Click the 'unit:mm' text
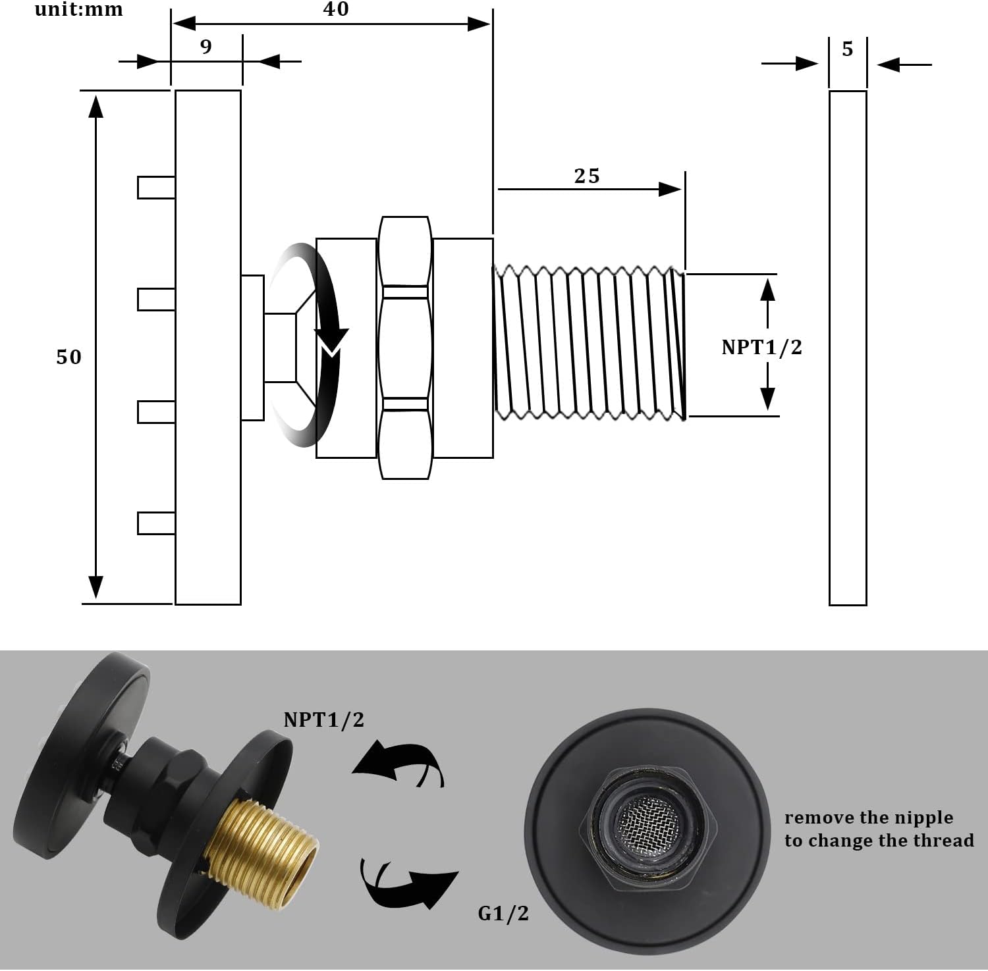click(x=78, y=9)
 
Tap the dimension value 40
click(x=335, y=9)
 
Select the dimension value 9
click(x=206, y=47)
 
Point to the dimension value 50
click(x=69, y=357)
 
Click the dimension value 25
click(x=586, y=176)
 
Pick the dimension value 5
click(x=848, y=49)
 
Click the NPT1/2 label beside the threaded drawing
click(x=761, y=347)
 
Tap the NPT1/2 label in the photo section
click(x=323, y=720)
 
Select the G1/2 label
click(x=503, y=913)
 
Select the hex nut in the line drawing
click(x=405, y=347)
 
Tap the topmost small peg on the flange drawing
click(x=155, y=187)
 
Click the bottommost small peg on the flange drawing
click(x=155, y=523)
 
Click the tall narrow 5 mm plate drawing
click(x=848, y=348)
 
